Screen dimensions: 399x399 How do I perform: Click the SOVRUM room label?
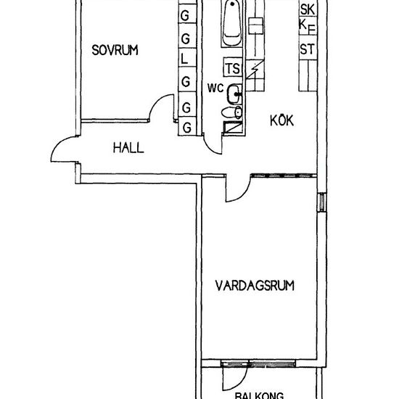click(x=115, y=50)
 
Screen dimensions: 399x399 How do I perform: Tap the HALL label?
click(x=128, y=147)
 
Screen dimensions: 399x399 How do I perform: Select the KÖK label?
click(x=282, y=120)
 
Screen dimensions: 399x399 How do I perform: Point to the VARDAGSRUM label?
click(x=255, y=286)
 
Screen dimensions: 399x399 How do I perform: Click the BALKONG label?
click(x=259, y=395)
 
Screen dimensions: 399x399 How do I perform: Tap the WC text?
click(x=215, y=88)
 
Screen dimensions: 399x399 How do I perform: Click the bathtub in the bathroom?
click(x=232, y=23)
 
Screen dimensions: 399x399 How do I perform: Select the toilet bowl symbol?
click(x=232, y=112)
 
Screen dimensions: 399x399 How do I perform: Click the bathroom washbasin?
click(x=234, y=94)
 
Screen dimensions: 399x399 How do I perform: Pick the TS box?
click(x=233, y=67)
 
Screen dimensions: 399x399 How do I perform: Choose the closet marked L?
click(x=187, y=58)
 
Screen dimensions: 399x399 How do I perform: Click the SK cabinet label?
click(x=308, y=9)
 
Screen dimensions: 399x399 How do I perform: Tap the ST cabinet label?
click(x=308, y=49)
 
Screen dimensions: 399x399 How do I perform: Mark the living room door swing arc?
click(x=244, y=195)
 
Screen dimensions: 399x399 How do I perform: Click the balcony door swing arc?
click(x=241, y=384)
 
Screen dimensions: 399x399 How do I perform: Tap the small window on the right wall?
click(x=322, y=202)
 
